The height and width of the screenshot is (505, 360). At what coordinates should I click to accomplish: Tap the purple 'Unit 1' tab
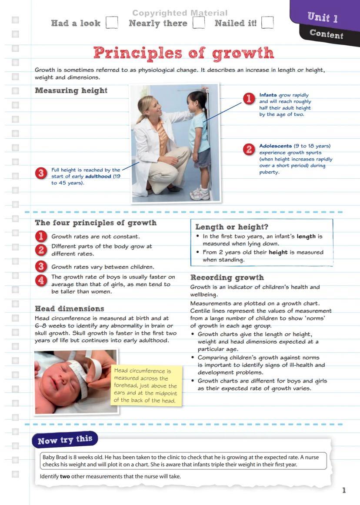click(323, 17)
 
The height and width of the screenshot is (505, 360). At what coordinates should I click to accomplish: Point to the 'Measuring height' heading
click(71, 90)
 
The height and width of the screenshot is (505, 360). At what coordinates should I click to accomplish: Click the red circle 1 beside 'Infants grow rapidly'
click(249, 99)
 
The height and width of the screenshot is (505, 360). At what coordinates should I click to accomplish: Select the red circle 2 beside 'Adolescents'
click(249, 150)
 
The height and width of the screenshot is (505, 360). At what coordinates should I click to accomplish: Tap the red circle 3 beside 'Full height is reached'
click(41, 173)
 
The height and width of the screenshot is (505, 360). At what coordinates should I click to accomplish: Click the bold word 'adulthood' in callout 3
click(98, 176)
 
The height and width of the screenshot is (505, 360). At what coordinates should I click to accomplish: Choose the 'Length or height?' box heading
click(232, 227)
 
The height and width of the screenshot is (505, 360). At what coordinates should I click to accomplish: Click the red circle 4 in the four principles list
click(41, 281)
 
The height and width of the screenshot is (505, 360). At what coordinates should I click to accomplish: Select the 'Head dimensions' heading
click(70, 308)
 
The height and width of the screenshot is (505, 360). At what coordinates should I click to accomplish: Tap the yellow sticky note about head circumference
click(146, 385)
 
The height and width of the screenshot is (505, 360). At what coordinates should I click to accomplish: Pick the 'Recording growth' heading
click(227, 277)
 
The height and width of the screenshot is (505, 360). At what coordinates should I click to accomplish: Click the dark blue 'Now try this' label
click(65, 440)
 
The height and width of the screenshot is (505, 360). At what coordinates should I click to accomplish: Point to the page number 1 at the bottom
click(344, 490)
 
